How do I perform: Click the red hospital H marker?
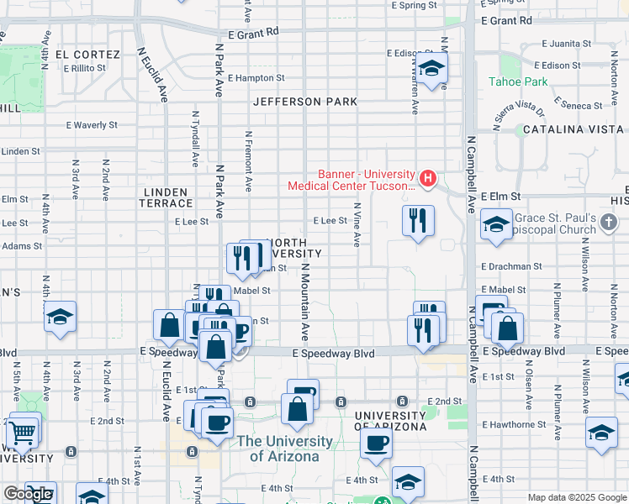click(428, 178)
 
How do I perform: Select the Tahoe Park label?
click(518, 82)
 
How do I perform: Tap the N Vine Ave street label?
click(357, 224)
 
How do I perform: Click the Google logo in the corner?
click(28, 494)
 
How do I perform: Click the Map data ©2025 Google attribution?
click(577, 497)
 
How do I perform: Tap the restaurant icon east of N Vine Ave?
click(418, 221)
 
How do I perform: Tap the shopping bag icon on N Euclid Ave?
click(169, 326)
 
